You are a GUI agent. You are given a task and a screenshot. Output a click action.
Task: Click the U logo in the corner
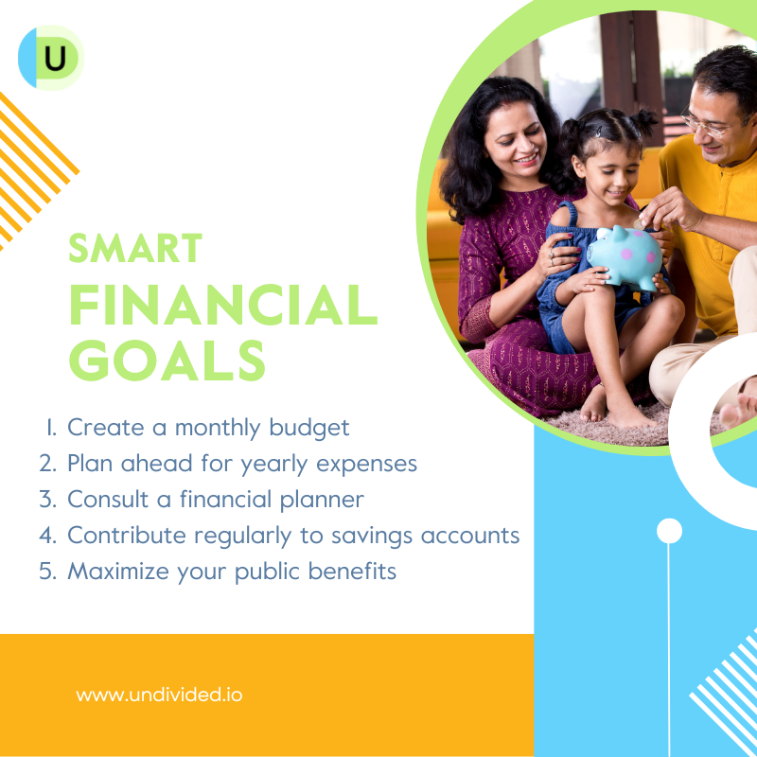51,58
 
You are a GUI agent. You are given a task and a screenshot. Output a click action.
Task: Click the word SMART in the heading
135,248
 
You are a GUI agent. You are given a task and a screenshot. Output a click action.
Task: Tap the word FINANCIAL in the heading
223,305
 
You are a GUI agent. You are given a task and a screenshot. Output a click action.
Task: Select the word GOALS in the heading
167,361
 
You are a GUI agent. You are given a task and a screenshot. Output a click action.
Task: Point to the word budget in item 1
309,429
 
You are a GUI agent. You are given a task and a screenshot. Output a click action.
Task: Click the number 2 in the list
48,463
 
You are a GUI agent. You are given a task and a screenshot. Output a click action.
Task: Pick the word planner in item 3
322,501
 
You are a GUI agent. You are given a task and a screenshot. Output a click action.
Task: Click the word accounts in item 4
470,536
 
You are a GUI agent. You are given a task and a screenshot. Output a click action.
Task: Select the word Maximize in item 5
117,572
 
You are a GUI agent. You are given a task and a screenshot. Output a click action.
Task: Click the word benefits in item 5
352,571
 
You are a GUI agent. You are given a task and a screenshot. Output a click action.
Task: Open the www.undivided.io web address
159,695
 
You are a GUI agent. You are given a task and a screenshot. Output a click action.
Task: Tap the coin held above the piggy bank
640,224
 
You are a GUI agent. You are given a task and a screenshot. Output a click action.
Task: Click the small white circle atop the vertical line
669,531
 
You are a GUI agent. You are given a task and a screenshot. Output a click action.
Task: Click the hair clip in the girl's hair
598,132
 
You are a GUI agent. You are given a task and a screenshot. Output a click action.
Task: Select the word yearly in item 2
273,465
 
